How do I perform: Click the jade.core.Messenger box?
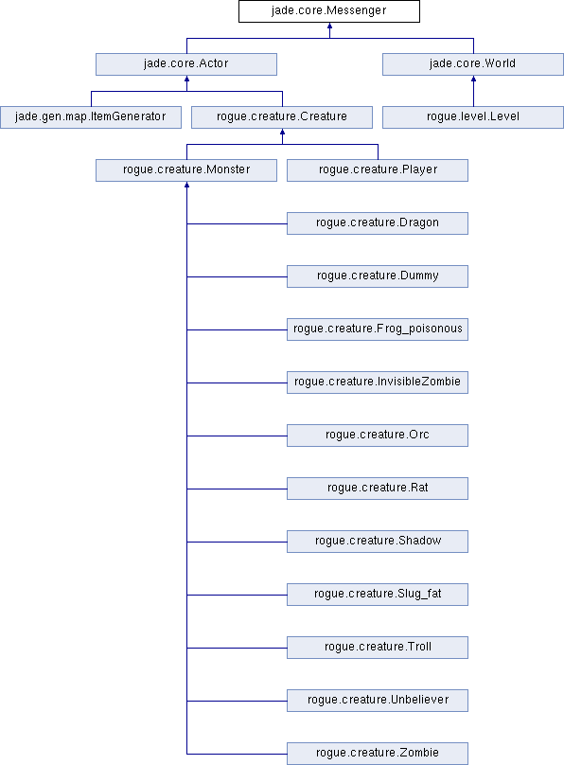pyautogui.click(x=329, y=11)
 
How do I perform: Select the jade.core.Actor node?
pyautogui.click(x=186, y=64)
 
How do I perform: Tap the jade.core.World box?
pyautogui.click(x=473, y=64)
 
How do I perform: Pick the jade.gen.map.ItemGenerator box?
pyautogui.click(x=91, y=117)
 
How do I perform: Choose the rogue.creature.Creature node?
pyautogui.click(x=282, y=117)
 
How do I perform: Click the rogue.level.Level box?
pyautogui.click(x=473, y=117)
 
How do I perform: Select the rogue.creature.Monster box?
pyautogui.click(x=186, y=170)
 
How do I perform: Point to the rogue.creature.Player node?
pyautogui.click(x=378, y=170)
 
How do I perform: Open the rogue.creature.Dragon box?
pyautogui.click(x=378, y=223)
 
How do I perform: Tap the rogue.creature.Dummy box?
pyautogui.click(x=378, y=276)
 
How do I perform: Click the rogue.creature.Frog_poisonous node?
pyautogui.click(x=378, y=329)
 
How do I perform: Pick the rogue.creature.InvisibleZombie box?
pyautogui.click(x=378, y=382)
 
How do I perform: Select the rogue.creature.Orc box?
pyautogui.click(x=378, y=436)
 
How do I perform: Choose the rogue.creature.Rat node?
pyautogui.click(x=378, y=489)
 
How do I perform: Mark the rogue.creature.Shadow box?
pyautogui.click(x=378, y=542)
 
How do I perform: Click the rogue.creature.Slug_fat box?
pyautogui.click(x=378, y=595)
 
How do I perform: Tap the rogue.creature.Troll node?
pyautogui.click(x=378, y=648)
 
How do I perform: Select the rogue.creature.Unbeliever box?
pyautogui.click(x=378, y=701)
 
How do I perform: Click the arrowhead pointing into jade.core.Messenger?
pyautogui.click(x=329, y=26)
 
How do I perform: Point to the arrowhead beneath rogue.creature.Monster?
pyautogui.click(x=186, y=185)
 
